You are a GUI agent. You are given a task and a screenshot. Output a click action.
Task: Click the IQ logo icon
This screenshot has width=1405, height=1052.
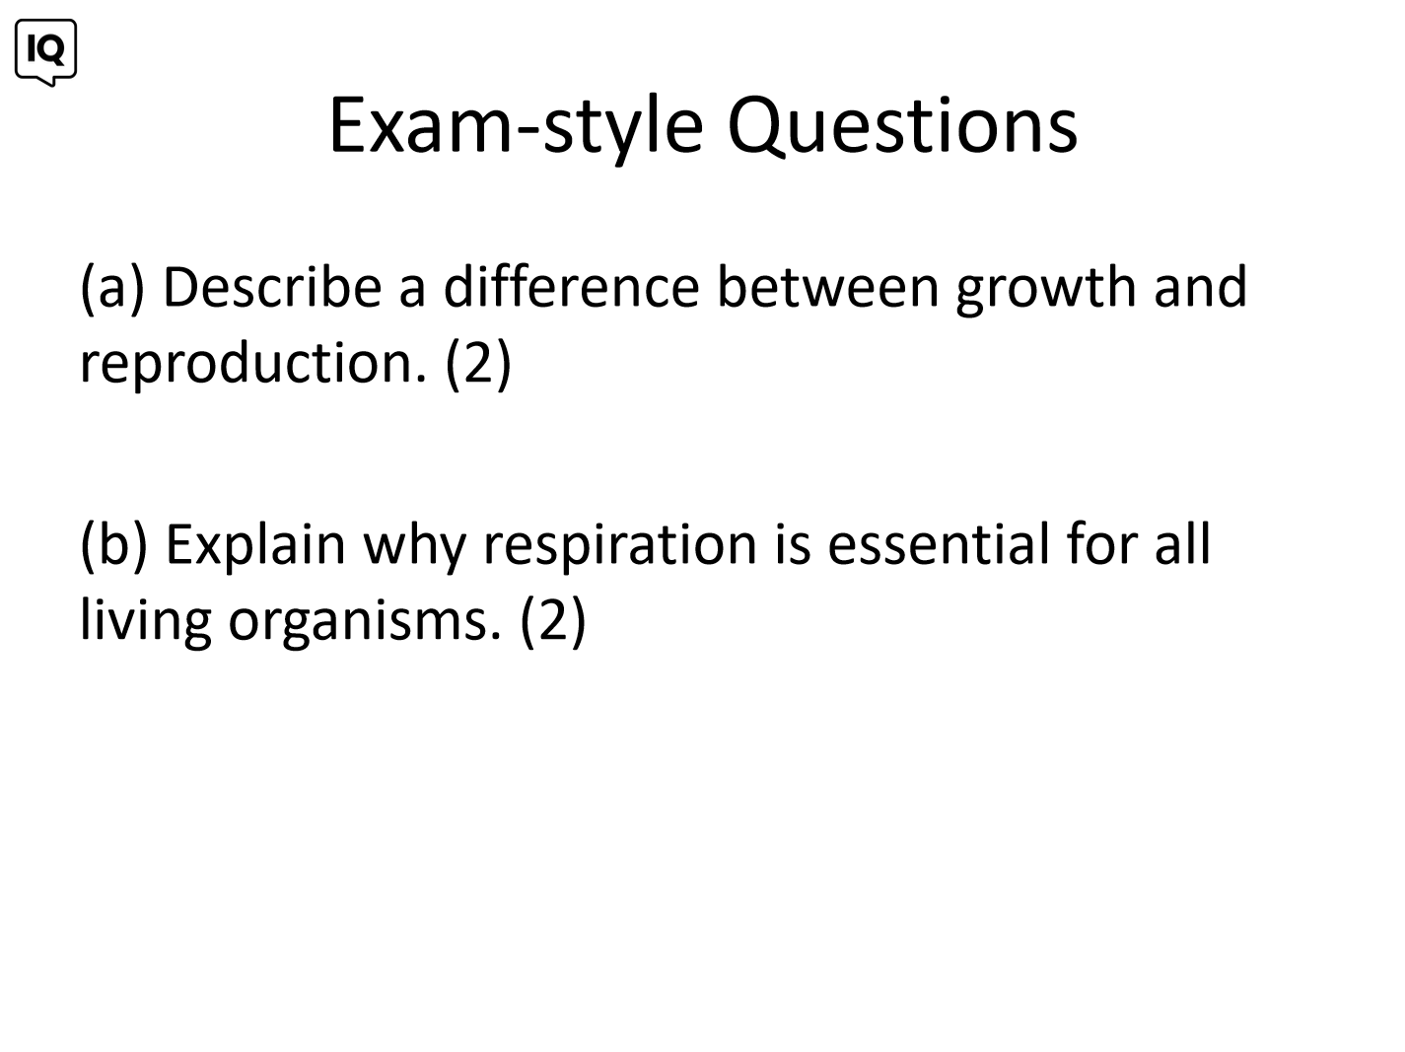pos(46,52)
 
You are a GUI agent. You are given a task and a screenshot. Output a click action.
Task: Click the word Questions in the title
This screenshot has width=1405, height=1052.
pos(902,126)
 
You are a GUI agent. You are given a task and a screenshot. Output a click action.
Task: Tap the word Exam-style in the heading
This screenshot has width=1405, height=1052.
pos(517,128)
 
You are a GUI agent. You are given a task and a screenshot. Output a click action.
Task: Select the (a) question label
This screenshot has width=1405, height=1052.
pos(112,288)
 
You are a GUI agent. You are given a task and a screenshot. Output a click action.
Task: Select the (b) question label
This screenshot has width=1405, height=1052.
pos(114,545)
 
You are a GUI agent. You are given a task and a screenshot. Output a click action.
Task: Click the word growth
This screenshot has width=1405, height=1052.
pos(1046,289)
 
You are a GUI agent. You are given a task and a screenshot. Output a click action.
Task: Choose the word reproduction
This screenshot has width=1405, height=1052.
pos(252,365)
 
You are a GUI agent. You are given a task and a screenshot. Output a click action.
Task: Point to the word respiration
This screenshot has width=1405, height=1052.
pos(620,546)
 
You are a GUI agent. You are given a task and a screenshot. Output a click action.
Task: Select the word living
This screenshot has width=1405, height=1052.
pos(145,622)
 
